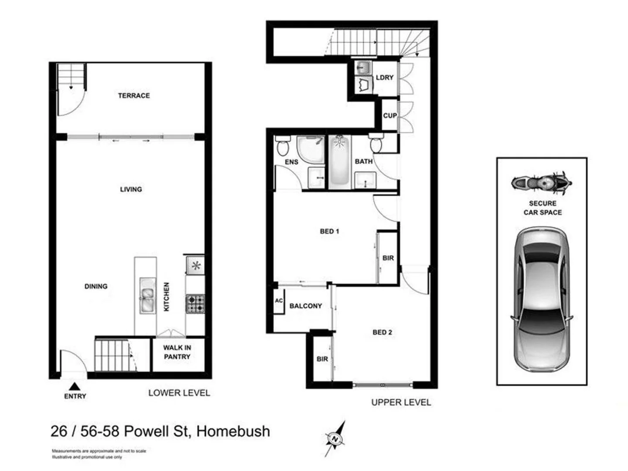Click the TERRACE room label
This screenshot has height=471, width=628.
133,96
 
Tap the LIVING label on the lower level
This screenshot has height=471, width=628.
131,189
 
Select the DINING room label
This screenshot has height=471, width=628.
96,287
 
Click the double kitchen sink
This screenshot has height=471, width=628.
147,295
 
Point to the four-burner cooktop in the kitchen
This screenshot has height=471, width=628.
195,304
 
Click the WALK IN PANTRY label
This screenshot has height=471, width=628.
177,352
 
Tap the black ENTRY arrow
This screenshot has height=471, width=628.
75,386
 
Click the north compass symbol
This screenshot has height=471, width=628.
335,438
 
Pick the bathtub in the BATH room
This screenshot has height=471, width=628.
340,161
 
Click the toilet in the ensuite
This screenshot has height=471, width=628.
283,146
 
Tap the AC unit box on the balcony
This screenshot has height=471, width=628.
279,301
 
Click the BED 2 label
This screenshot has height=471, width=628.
382,332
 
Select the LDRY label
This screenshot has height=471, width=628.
385,77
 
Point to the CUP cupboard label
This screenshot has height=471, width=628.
390,116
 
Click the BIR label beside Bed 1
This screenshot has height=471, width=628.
388,258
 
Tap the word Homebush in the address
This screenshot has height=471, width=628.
233,431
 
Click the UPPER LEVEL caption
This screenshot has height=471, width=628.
401,403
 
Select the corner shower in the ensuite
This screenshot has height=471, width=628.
310,150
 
